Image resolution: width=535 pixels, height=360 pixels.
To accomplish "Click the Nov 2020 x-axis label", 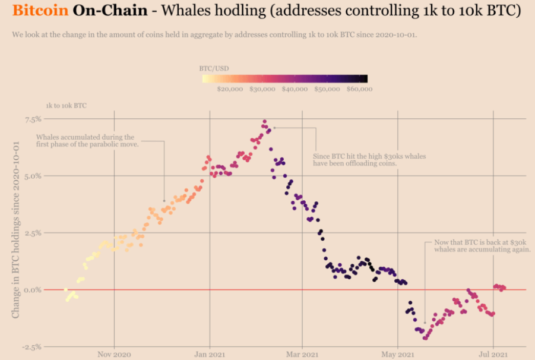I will pos(114,355).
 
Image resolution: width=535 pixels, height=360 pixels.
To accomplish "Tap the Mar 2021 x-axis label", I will pos(302,355).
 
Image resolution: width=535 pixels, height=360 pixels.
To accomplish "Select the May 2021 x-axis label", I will pos(398,355).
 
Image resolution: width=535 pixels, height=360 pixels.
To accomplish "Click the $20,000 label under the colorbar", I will pos(229,89).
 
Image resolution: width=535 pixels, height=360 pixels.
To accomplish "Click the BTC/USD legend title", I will pos(214,68).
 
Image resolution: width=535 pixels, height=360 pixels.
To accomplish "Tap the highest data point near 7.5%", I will pos(265,122).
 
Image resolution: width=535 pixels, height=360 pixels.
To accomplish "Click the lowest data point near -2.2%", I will pos(425,338).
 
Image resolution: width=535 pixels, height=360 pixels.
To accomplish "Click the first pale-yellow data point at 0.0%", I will pos(65,289).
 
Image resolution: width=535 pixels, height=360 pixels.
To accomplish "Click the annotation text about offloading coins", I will pos(369,160).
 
